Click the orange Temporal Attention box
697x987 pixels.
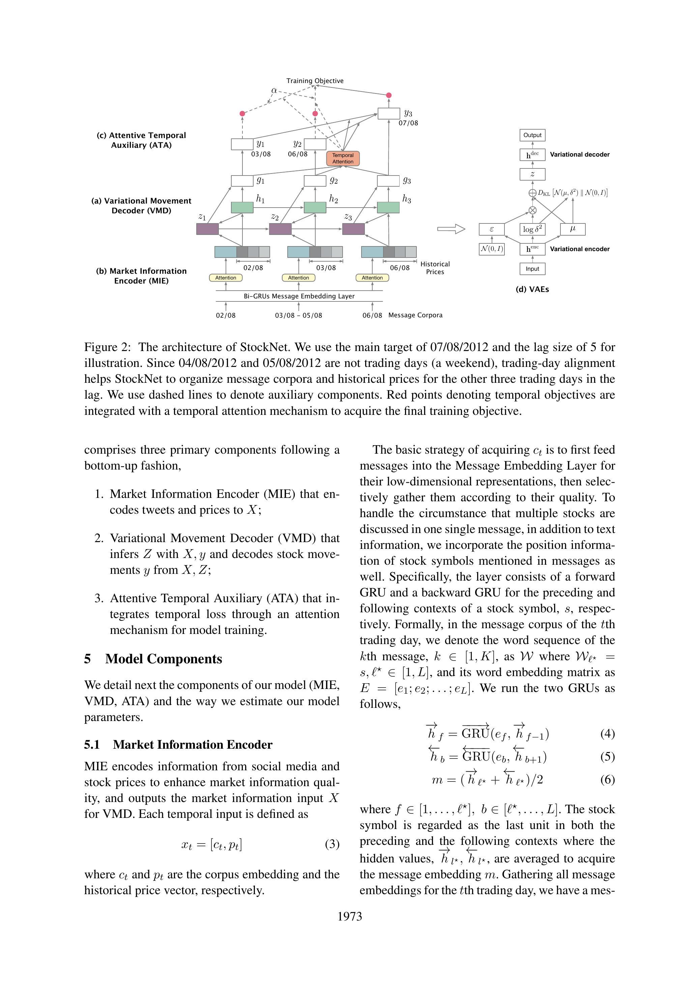[343, 159]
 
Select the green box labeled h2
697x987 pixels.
[315, 207]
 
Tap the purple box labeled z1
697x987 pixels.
[207, 229]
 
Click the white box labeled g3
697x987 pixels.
[388, 181]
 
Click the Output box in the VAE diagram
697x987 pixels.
[532, 135]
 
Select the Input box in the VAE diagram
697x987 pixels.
[532, 269]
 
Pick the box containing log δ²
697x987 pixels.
[532, 229]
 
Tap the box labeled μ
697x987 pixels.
[573, 229]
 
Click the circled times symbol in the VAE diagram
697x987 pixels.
[532, 210]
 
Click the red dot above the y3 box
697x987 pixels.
[389, 95]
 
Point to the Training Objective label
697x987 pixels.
[315, 81]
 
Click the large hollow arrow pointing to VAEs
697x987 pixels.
[451, 229]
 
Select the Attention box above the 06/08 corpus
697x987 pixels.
[372, 278]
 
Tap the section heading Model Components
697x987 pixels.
[163, 659]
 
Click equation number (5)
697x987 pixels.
[607, 756]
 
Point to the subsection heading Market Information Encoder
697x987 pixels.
[193, 745]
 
